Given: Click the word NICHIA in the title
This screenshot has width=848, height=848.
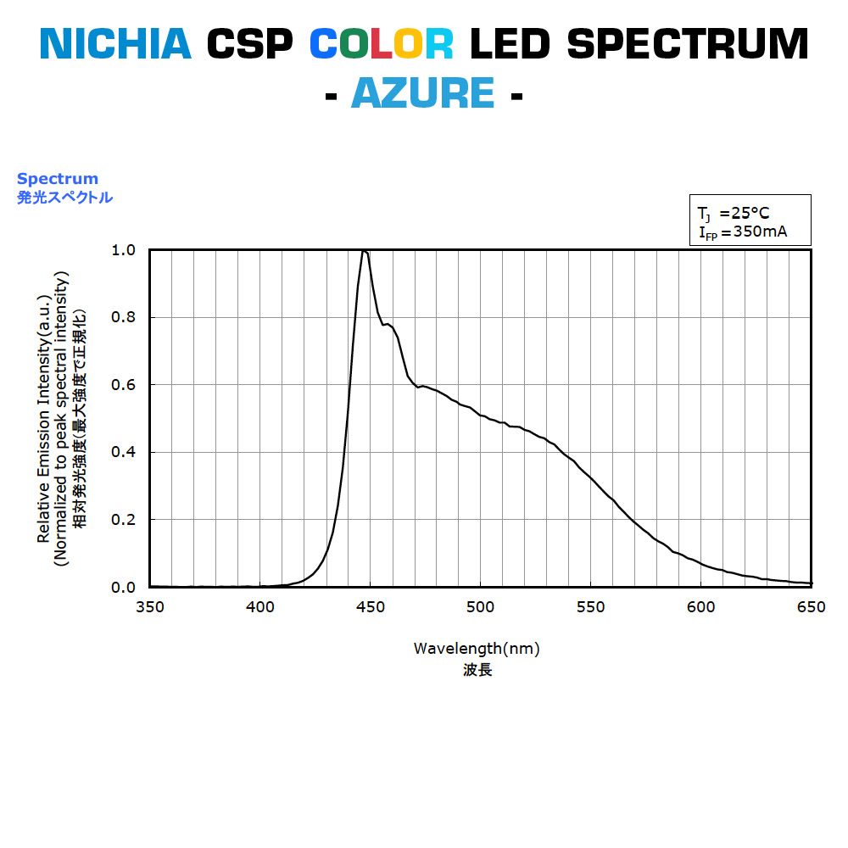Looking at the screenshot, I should [x=116, y=44].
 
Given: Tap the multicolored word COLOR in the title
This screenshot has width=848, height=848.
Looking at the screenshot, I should [x=381, y=44].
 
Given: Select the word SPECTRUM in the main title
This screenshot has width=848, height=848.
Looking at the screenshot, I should [x=688, y=44].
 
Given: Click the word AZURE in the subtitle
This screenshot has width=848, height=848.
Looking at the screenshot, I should [x=422, y=92].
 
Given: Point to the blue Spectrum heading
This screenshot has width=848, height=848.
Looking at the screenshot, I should [x=58, y=179].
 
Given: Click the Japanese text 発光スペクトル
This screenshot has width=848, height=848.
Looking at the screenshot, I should [x=64, y=198].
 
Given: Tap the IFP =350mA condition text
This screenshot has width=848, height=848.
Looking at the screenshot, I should [x=743, y=232].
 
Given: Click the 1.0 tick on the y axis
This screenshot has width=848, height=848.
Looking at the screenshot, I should [x=123, y=250].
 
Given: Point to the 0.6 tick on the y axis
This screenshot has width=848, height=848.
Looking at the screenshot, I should [x=123, y=385].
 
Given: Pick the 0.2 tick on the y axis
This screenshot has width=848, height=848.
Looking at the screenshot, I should [x=123, y=520].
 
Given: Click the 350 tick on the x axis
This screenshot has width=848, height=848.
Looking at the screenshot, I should [x=150, y=606].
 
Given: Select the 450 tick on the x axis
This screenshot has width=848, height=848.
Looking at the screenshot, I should [x=371, y=606].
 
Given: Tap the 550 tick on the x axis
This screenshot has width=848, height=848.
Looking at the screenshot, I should [x=591, y=606].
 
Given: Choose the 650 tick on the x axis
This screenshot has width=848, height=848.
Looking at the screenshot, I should [x=812, y=606].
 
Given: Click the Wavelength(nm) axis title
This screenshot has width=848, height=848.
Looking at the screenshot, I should [x=477, y=649].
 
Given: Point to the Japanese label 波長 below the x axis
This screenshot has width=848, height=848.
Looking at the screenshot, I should [x=477, y=670].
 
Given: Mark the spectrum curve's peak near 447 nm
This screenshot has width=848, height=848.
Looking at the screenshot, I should [x=364, y=251].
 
